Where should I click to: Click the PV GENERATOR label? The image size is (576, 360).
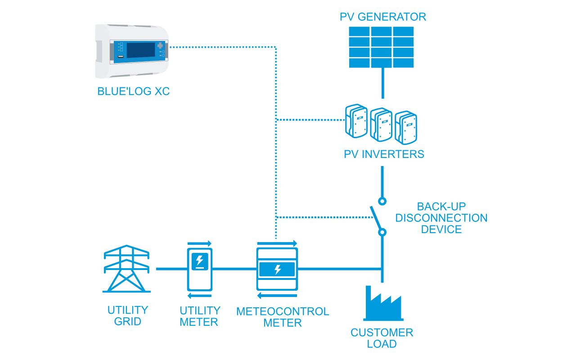coord(382,17)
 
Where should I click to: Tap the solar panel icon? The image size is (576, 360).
coord(382,47)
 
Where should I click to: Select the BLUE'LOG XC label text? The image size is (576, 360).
coord(133,91)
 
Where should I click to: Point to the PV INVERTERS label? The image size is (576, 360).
coord(384,154)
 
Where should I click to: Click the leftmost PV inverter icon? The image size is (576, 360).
coord(356,120)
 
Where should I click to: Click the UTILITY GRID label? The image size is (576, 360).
coord(128,316)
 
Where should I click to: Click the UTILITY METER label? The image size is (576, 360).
coord(199,316)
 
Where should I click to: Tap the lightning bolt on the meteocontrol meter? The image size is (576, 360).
coord(277,270)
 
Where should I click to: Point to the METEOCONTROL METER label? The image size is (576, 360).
coord(283,317)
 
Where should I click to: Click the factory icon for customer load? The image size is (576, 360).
coord(383,302)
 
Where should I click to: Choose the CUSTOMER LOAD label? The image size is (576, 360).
coord(382,338)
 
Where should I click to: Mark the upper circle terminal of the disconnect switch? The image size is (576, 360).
coord(382,201)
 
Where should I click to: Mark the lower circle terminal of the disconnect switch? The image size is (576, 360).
coord(382,232)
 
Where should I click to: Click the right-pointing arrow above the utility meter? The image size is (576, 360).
coord(200,243)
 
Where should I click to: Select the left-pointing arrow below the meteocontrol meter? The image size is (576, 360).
coord(277,296)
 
